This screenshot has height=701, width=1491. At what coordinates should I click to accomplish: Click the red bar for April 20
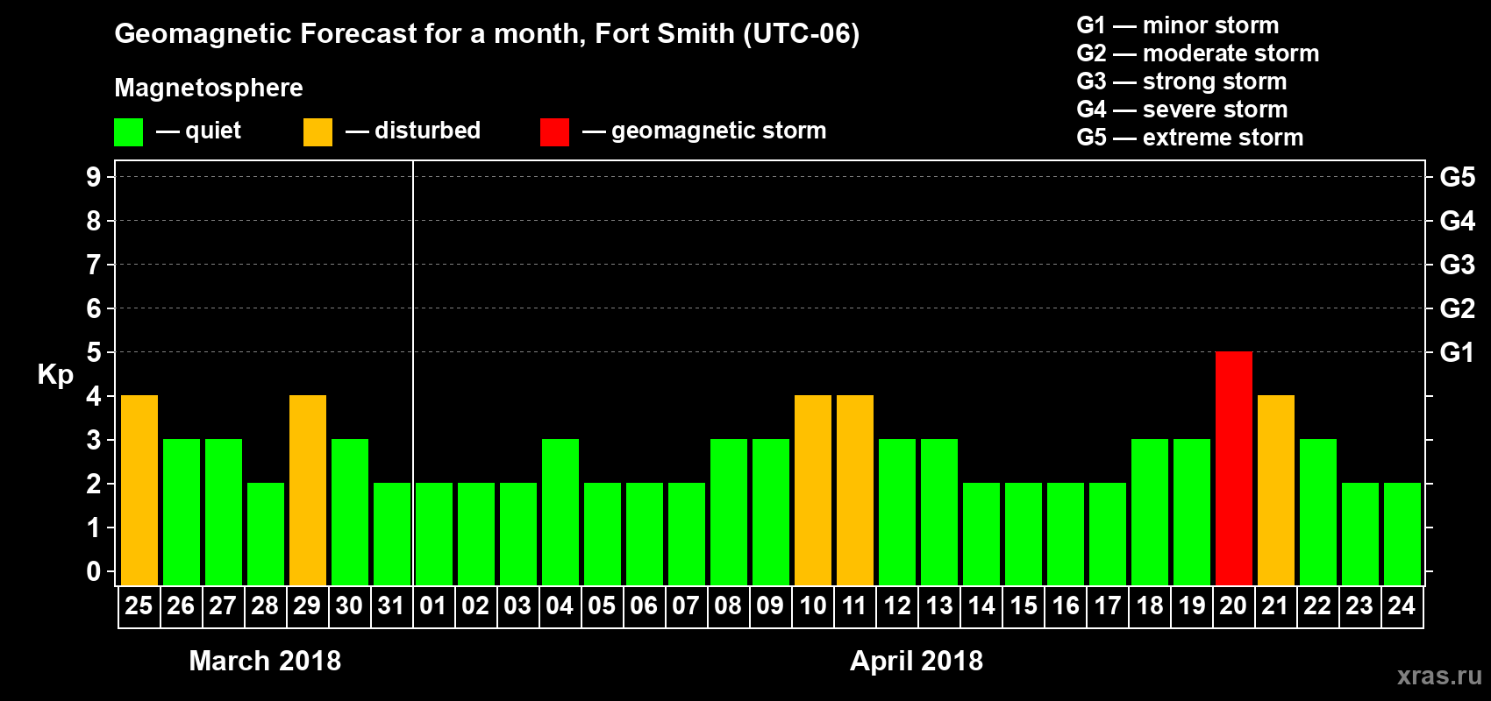[x=1233, y=468]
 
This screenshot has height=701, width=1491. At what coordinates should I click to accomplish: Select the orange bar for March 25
[x=139, y=490]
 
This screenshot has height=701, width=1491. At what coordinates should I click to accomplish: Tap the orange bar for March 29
[x=308, y=490]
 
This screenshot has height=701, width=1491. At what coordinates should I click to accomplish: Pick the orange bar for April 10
[x=813, y=490]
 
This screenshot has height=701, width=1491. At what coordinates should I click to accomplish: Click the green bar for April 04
[x=560, y=512]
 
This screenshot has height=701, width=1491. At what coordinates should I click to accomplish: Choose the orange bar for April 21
[x=1276, y=490]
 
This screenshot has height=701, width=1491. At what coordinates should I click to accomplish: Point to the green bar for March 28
[x=266, y=534]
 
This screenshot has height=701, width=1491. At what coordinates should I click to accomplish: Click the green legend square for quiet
[x=128, y=132]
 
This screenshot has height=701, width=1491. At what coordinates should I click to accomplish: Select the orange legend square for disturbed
[x=317, y=132]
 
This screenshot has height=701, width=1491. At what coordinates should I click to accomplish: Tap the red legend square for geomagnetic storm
[x=554, y=132]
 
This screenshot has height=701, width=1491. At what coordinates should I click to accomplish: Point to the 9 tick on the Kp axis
[x=94, y=177]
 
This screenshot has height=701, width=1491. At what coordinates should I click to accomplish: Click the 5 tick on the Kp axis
[x=94, y=352]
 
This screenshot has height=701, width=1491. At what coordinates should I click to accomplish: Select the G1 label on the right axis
[x=1457, y=352]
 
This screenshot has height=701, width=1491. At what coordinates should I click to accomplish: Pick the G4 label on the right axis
[x=1457, y=221]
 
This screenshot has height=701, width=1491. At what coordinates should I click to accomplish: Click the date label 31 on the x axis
[x=391, y=605]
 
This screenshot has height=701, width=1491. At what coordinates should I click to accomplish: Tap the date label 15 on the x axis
[x=1024, y=605]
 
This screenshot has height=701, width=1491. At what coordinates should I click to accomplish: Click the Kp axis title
[x=55, y=374]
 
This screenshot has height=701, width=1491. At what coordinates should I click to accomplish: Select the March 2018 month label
[x=265, y=661]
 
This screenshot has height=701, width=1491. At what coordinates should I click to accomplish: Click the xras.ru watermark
[x=1439, y=676]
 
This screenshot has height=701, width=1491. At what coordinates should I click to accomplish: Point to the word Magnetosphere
[x=209, y=88]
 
